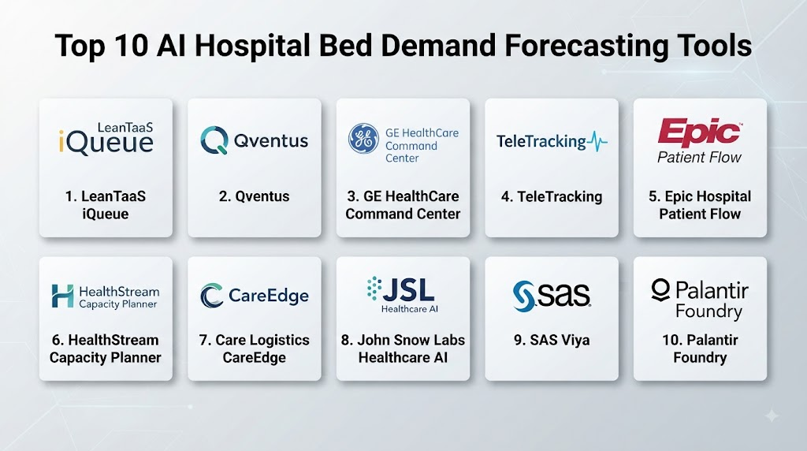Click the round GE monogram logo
(x=363, y=139)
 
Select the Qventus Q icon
(x=214, y=140)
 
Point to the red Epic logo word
(x=700, y=132)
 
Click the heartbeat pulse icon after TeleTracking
(x=597, y=142)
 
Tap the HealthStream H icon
(x=62, y=296)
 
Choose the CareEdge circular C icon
(x=211, y=296)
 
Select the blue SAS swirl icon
(x=524, y=296)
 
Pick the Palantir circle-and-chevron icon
(x=660, y=290)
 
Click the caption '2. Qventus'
(x=255, y=196)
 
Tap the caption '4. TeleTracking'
(x=552, y=196)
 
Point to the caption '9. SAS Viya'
(x=552, y=340)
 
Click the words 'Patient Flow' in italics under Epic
(x=700, y=157)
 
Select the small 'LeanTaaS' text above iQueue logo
(x=125, y=127)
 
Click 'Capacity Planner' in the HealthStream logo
(x=118, y=304)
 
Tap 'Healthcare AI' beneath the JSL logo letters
(x=410, y=309)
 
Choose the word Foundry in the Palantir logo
(x=708, y=311)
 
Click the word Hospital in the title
(x=252, y=47)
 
